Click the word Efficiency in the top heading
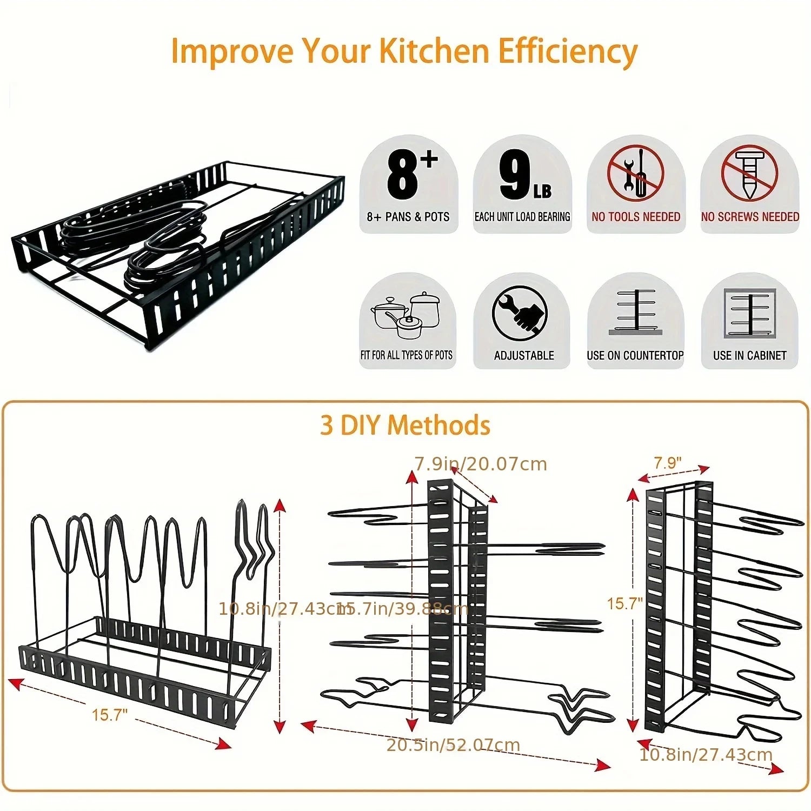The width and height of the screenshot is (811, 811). (x=567, y=52)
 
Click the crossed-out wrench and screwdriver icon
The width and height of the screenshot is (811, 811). (x=635, y=173)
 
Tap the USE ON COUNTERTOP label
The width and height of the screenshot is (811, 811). (x=635, y=355)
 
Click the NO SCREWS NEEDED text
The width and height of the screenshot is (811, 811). (x=750, y=217)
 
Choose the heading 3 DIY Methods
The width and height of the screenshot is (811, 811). (x=405, y=425)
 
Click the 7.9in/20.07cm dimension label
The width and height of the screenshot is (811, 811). (x=481, y=464)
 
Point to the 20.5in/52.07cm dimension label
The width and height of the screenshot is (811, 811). (x=453, y=744)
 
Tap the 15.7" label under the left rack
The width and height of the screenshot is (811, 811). (x=110, y=715)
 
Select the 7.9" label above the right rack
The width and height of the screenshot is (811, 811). (x=668, y=463)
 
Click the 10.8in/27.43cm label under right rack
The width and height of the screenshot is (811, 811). (x=706, y=754)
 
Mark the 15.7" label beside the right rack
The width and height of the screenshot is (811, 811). (x=624, y=603)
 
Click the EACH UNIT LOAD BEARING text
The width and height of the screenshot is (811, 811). (x=522, y=217)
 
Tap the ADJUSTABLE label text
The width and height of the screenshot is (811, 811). (x=524, y=355)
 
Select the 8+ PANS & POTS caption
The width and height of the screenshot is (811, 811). (x=408, y=217)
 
